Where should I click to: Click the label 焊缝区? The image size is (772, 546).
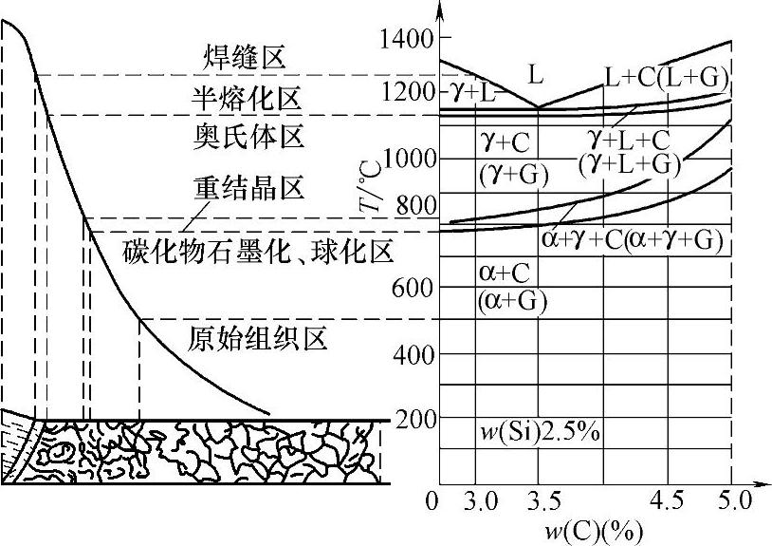(246, 57)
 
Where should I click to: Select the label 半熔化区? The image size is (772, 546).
(246, 96)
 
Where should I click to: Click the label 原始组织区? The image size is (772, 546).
(258, 337)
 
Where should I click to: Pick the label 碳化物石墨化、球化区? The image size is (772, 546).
(258, 252)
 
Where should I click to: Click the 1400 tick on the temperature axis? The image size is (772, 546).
(407, 39)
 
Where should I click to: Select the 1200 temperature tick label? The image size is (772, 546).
(407, 92)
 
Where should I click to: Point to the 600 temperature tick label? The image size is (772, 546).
(413, 288)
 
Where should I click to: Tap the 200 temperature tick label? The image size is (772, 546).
(413, 419)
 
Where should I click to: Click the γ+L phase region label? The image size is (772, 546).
(470, 92)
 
